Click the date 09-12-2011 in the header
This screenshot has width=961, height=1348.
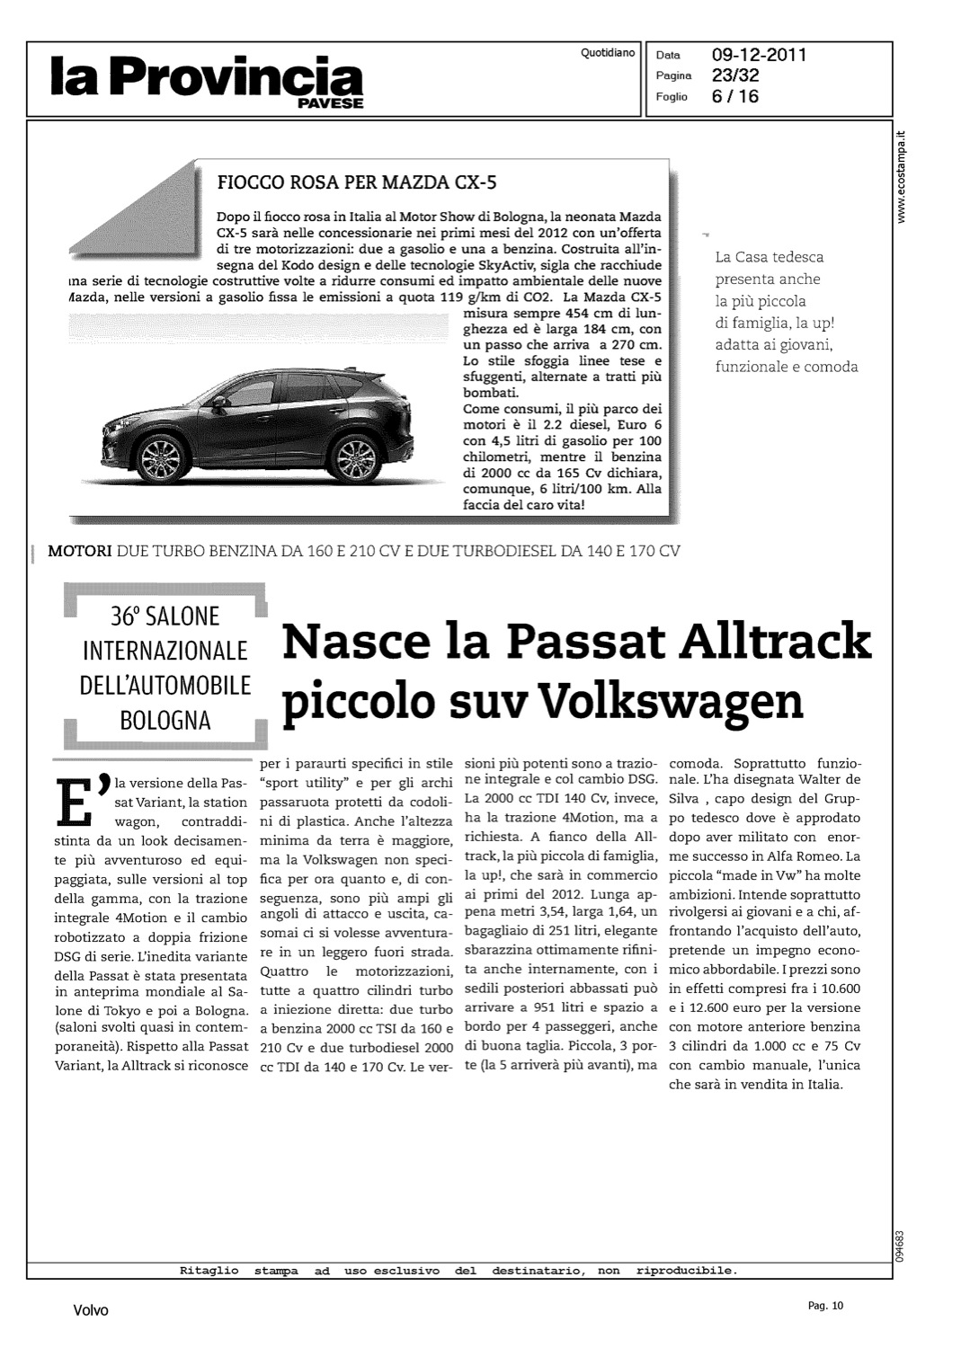pyautogui.click(x=759, y=55)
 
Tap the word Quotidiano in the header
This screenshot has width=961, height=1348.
pyautogui.click(x=608, y=53)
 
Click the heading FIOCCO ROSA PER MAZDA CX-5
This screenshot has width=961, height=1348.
pyautogui.click(x=357, y=183)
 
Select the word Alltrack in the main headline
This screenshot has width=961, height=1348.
pyautogui.click(x=775, y=642)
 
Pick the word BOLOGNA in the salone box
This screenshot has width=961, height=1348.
pyautogui.click(x=165, y=721)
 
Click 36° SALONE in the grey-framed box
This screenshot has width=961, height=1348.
pyautogui.click(x=165, y=616)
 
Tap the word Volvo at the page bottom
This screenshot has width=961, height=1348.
pyautogui.click(x=90, y=1310)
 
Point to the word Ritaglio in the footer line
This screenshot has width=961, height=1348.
pyautogui.click(x=209, y=1271)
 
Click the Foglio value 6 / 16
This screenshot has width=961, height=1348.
pyautogui.click(x=734, y=96)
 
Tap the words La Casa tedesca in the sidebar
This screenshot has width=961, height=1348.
pyautogui.click(x=769, y=257)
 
